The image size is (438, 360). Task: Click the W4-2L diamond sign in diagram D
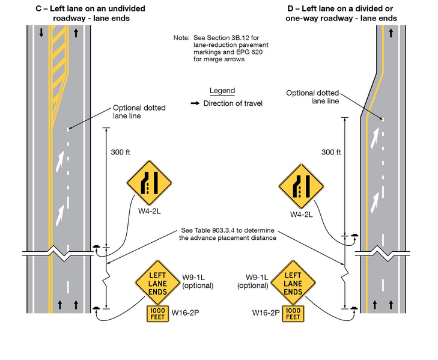301,186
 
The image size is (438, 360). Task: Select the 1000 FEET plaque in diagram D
292,314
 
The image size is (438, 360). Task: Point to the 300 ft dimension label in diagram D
332,152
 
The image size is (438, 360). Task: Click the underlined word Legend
222,91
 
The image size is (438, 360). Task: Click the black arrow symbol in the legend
195,103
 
